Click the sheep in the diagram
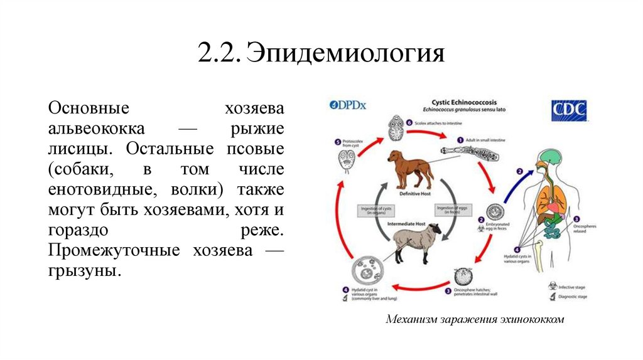tap(412, 244)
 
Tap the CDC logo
tap(569, 110)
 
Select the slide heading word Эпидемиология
tap(345, 53)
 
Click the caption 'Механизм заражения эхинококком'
tap(475, 319)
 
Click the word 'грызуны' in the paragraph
tap(83, 272)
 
